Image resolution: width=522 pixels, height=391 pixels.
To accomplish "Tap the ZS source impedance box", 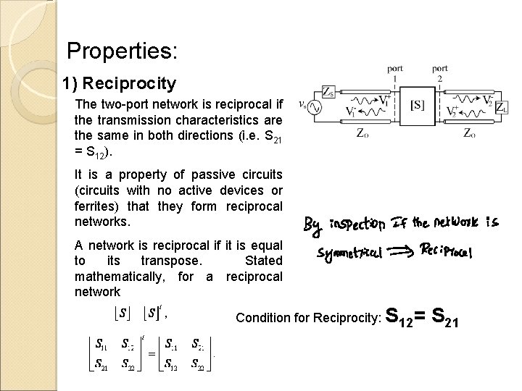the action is pos(329,92).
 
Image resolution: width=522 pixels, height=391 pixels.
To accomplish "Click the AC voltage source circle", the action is pos(316,107).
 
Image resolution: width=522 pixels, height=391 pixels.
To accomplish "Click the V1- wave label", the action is pos(351,114).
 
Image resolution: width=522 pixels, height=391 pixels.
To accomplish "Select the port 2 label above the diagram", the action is pos(440,72).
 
